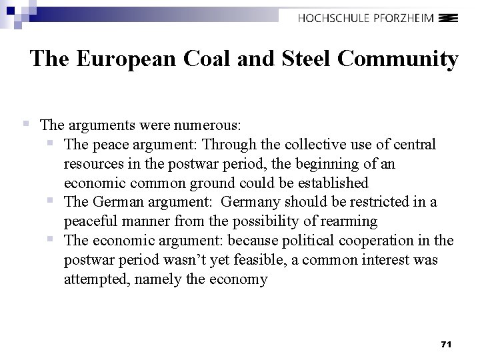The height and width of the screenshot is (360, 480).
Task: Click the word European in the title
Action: click(x=125, y=59)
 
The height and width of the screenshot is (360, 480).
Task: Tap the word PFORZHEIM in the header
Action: click(x=411, y=19)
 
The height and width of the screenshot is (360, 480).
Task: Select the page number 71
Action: click(x=447, y=344)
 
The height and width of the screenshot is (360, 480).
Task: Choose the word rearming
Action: click(x=349, y=221)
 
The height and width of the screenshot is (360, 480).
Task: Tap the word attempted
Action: click(x=97, y=279)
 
